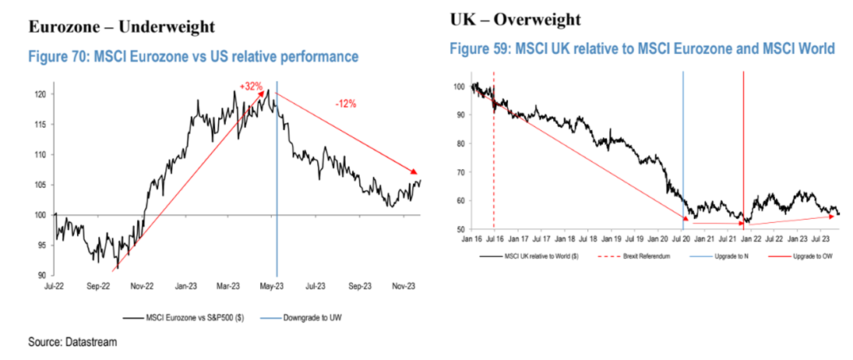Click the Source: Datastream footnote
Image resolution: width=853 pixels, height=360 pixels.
(72, 342)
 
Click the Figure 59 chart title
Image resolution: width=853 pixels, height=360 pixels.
(642, 49)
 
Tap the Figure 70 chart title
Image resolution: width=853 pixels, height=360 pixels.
(193, 57)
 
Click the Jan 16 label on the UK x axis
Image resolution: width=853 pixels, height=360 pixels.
(474, 242)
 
